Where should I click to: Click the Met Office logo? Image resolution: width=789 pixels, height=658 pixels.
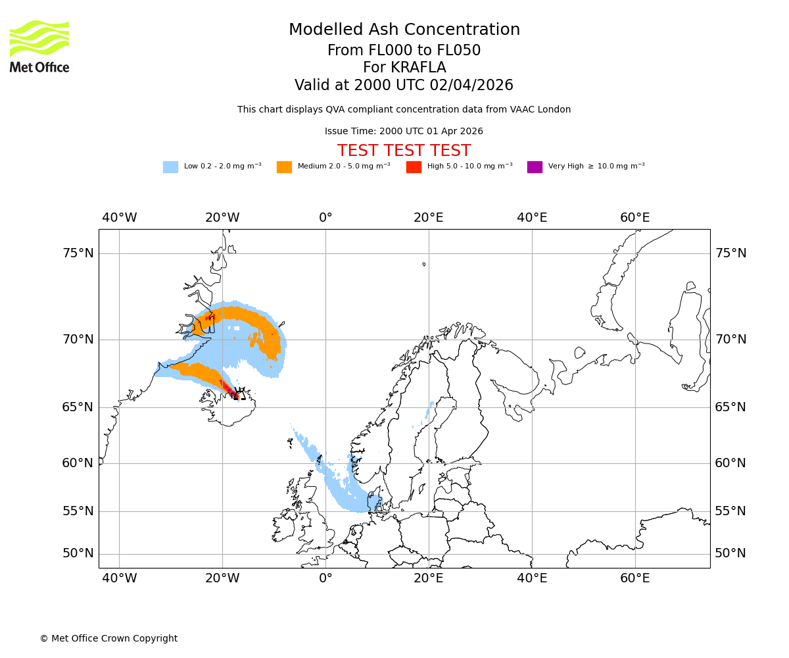39,46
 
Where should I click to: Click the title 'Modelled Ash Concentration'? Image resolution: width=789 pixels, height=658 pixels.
404,30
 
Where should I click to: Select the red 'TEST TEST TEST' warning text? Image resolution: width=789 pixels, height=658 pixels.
404,151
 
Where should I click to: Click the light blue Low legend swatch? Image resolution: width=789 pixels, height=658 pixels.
170,167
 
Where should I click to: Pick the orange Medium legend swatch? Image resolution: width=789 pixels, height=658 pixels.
284,167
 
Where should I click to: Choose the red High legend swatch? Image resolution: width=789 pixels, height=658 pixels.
414,167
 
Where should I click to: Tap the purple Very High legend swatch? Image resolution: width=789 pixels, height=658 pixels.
535,167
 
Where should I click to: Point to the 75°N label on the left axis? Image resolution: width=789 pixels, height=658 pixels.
78,253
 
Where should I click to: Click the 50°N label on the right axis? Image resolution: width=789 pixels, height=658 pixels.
730,553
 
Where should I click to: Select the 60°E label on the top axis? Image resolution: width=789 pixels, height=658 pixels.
634,218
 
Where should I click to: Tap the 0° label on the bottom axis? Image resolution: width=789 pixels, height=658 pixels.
325,578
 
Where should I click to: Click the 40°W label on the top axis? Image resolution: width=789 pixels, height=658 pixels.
119,218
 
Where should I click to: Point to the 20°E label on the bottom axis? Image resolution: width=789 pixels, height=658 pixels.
429,578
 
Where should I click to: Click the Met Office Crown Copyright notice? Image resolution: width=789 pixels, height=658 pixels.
108,638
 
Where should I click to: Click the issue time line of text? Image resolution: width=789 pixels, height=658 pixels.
404,131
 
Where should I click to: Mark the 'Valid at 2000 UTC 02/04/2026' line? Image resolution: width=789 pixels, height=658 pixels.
404,86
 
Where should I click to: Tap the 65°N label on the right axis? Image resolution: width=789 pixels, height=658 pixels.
730,407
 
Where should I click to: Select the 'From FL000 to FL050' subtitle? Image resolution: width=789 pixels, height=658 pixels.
404,51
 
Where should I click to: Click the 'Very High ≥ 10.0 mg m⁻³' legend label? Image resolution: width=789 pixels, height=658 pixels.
596,166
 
